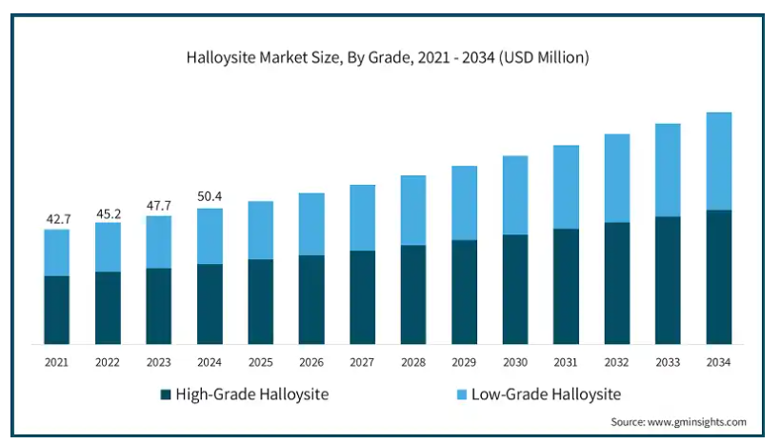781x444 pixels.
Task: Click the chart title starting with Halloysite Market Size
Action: coord(388,58)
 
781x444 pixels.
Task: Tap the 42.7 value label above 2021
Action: coord(57,219)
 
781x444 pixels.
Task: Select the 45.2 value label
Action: coord(108,212)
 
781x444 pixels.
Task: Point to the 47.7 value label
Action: coord(159,205)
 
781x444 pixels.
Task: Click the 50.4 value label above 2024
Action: coord(210,197)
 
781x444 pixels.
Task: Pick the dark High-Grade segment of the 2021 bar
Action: coord(57,310)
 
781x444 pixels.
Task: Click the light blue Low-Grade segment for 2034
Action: coord(719,161)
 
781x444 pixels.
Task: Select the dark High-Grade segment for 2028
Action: coord(413,294)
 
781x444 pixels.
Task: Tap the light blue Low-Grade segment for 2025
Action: coord(261,230)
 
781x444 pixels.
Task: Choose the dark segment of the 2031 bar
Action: coord(567,286)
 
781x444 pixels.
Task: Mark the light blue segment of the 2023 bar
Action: coord(159,242)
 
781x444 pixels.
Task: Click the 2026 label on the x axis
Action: coord(311,363)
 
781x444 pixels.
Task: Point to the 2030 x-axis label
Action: coord(515,363)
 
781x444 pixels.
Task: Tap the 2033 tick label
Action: coord(668,363)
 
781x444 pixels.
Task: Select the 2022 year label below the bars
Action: coord(108,363)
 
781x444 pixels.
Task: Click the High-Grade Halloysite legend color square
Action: coord(167,394)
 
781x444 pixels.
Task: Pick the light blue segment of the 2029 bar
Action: coord(465,203)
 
